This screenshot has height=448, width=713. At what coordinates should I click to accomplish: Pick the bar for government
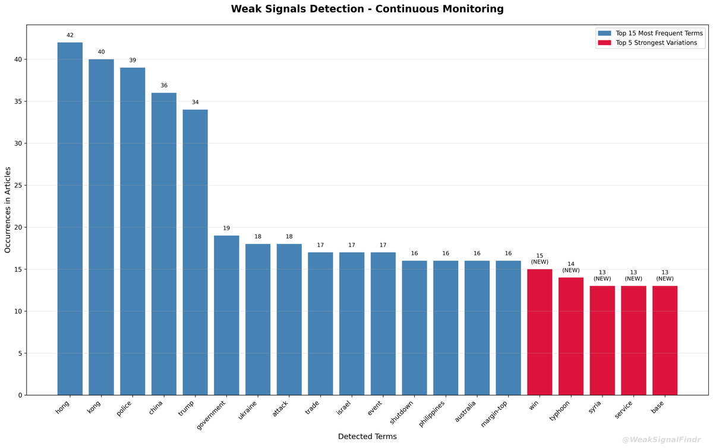pyautogui.click(x=226, y=315)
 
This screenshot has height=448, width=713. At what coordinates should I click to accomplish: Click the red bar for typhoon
pyautogui.click(x=571, y=336)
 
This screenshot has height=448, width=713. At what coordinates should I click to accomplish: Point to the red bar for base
pyautogui.click(x=665, y=340)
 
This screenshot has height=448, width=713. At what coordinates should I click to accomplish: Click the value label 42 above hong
pyautogui.click(x=70, y=35)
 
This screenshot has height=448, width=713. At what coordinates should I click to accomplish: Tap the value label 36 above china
pyautogui.click(x=164, y=86)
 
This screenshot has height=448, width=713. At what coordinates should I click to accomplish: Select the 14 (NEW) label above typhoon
pyautogui.click(x=571, y=267)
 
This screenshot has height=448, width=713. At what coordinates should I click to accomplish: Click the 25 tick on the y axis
pyautogui.click(x=18, y=186)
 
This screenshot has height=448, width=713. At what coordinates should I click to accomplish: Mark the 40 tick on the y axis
pyautogui.click(x=18, y=59)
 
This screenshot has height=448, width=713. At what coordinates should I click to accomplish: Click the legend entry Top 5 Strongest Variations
pyautogui.click(x=656, y=43)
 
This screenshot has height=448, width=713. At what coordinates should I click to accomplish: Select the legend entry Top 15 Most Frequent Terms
pyautogui.click(x=659, y=33)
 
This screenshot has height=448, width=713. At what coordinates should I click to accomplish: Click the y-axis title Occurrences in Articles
pyautogui.click(x=8, y=209)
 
